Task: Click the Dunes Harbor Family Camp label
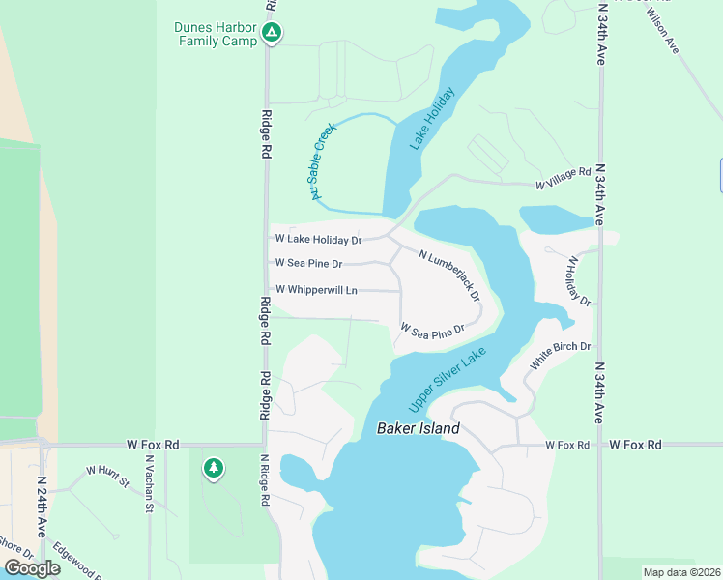coord(216,34)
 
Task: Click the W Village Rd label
coord(563,178)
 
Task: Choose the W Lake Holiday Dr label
coord(318,239)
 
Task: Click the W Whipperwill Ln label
coord(316,290)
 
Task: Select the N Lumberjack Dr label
coord(449,275)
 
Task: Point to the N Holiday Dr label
coord(578,280)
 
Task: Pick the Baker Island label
coord(418,428)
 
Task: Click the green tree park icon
coord(213,470)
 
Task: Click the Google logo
coord(31,568)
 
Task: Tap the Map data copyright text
coord(681,572)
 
